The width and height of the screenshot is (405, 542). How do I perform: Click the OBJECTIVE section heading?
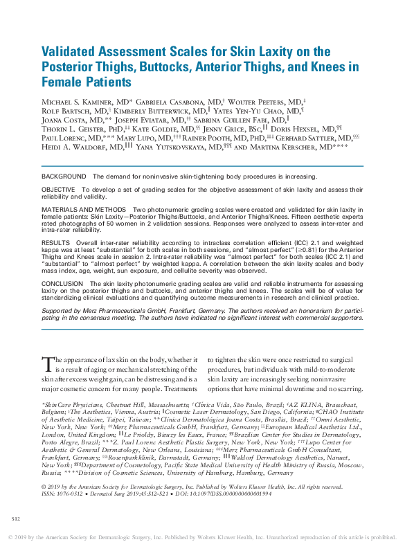point(60,189)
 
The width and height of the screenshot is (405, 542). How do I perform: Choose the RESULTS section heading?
point(55,244)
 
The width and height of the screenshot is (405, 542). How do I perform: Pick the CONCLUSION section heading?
point(62,284)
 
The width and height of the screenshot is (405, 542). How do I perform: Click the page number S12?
point(16,518)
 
